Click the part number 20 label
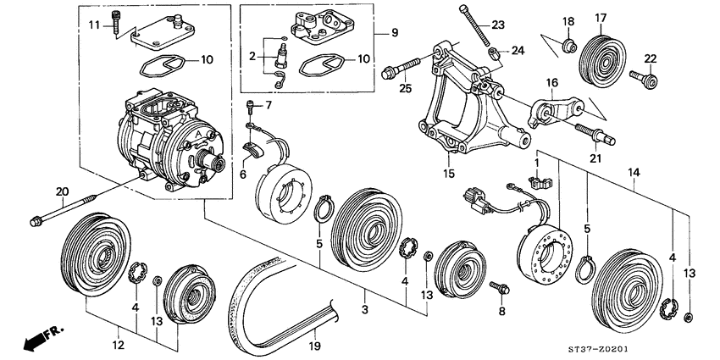pyautogui.click(x=62, y=191)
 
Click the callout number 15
pyautogui.click(x=449, y=174)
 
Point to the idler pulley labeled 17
pyautogui.click(x=601, y=60)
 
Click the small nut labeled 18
pyautogui.click(x=570, y=46)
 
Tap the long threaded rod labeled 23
pyautogui.click(x=475, y=25)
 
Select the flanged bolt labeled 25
pyautogui.click(x=401, y=68)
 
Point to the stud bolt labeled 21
pyautogui.click(x=595, y=133)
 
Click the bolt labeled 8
pyautogui.click(x=500, y=288)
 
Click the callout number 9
pyautogui.click(x=394, y=32)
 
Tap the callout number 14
pyautogui.click(x=634, y=173)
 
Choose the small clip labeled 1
pyautogui.click(x=540, y=182)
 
